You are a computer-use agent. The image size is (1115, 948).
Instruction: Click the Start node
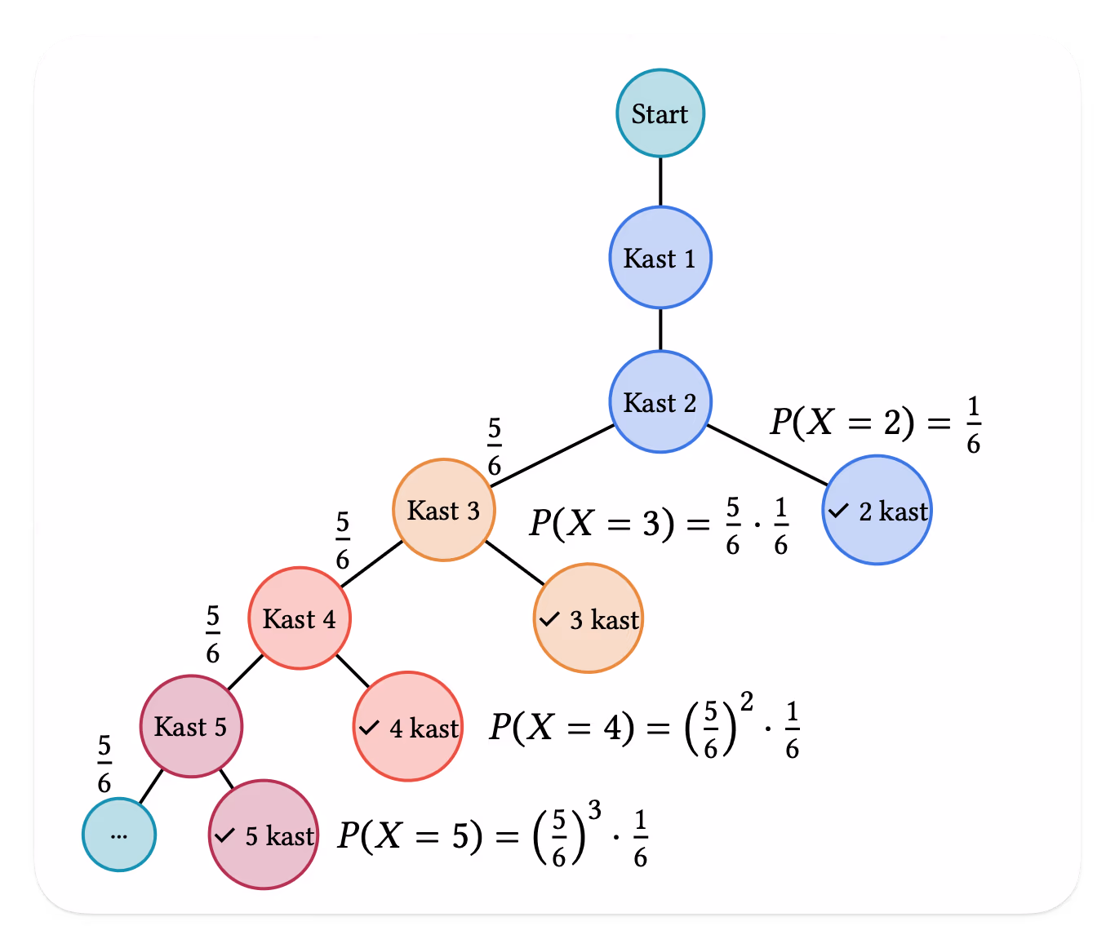[660, 113]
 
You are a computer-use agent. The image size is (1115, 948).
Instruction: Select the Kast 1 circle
[660, 258]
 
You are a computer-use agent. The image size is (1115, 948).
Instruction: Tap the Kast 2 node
[660, 402]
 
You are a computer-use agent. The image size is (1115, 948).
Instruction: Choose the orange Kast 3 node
[443, 510]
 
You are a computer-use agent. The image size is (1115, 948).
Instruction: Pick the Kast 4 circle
[300, 618]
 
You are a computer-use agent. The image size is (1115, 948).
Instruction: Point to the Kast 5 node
[191, 726]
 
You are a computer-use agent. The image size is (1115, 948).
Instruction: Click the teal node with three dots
[119, 835]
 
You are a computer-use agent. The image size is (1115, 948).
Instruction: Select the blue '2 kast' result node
[877, 510]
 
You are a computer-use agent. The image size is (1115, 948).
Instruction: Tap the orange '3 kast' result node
[589, 618]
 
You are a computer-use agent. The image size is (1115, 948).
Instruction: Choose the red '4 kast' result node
[408, 726]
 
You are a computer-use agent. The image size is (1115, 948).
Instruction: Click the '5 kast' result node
[264, 835]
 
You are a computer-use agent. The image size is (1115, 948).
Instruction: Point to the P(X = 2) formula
[876, 424]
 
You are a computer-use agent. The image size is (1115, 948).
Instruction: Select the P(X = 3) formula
[659, 525]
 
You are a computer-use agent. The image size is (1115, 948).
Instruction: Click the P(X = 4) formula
[644, 726]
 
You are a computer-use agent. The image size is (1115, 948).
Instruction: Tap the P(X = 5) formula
[492, 834]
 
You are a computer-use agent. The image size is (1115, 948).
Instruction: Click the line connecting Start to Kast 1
[660, 182]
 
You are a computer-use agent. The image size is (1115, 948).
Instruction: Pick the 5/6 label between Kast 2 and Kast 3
[494, 446]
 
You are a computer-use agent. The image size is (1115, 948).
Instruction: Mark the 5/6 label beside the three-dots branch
[104, 764]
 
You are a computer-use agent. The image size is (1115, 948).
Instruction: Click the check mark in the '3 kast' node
[549, 619]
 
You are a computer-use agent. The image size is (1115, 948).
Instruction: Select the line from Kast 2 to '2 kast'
[767, 455]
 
